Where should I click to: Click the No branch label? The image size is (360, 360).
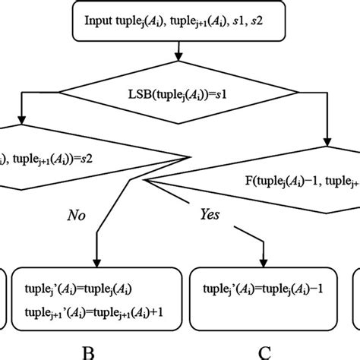click(77, 215)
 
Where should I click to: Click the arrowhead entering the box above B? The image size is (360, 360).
click(98, 263)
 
